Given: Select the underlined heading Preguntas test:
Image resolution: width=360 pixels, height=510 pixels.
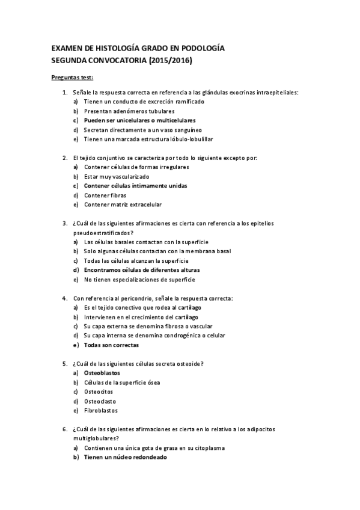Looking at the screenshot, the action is [x=72, y=78].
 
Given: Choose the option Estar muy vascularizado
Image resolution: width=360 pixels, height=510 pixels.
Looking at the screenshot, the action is [x=117, y=177].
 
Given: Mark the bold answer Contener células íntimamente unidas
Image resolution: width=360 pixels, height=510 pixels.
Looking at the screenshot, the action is [x=135, y=186].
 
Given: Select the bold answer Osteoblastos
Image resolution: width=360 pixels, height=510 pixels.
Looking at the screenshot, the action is [x=102, y=373].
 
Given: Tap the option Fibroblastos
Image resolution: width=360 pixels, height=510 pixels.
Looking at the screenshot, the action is [x=101, y=411].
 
